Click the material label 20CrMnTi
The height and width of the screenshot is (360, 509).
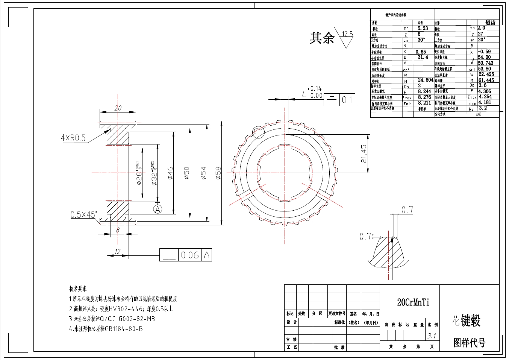[x=413, y=302]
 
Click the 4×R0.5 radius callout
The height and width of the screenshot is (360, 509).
[x=73, y=138]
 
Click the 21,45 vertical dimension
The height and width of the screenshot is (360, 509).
[x=364, y=153]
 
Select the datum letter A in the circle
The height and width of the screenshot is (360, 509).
[x=158, y=208]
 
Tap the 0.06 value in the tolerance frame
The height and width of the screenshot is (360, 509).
[x=190, y=255]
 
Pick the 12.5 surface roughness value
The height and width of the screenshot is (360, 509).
[x=347, y=34]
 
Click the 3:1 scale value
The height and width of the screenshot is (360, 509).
[x=432, y=336]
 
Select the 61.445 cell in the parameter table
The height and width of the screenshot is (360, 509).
[x=486, y=80]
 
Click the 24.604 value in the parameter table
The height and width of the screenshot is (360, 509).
[x=426, y=80]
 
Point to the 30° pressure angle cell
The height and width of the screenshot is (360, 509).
[x=421, y=39]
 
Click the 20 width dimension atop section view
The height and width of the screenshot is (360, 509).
[x=118, y=108]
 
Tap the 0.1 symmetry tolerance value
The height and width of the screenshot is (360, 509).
[x=347, y=100]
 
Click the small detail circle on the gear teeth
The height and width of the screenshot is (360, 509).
[x=258, y=131]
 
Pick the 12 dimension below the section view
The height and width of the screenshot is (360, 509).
[x=117, y=252]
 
